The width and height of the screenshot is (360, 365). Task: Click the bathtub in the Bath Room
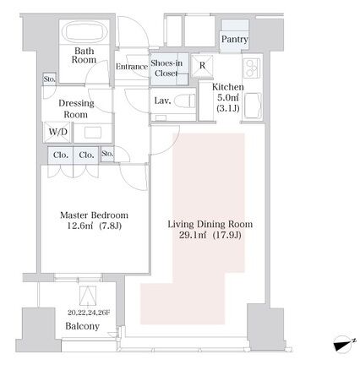[x=85, y=32]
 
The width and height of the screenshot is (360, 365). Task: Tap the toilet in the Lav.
[x=184, y=101]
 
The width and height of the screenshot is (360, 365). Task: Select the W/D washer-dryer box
[x=57, y=132]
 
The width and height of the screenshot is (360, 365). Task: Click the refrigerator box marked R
[x=202, y=66]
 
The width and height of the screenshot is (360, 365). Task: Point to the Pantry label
[x=234, y=39]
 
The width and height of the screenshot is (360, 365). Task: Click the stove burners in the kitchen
[x=251, y=68]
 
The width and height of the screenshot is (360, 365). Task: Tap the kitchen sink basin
[x=253, y=106]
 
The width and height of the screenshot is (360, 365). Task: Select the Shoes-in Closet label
[x=166, y=68]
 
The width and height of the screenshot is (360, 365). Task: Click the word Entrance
[x=132, y=67]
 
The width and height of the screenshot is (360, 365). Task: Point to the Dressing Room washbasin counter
[x=93, y=133]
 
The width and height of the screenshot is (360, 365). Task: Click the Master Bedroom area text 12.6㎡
[x=79, y=226]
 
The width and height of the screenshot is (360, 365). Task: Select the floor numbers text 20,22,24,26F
[x=89, y=313]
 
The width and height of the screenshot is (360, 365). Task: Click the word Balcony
[x=82, y=326]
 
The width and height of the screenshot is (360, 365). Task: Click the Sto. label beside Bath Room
[x=50, y=79]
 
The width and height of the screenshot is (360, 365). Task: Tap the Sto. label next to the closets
[x=107, y=154]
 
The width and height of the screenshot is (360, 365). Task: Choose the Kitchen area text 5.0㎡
[x=228, y=97]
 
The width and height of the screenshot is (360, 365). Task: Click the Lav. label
[x=162, y=101]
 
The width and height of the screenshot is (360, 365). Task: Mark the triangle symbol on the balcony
[x=88, y=296]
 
